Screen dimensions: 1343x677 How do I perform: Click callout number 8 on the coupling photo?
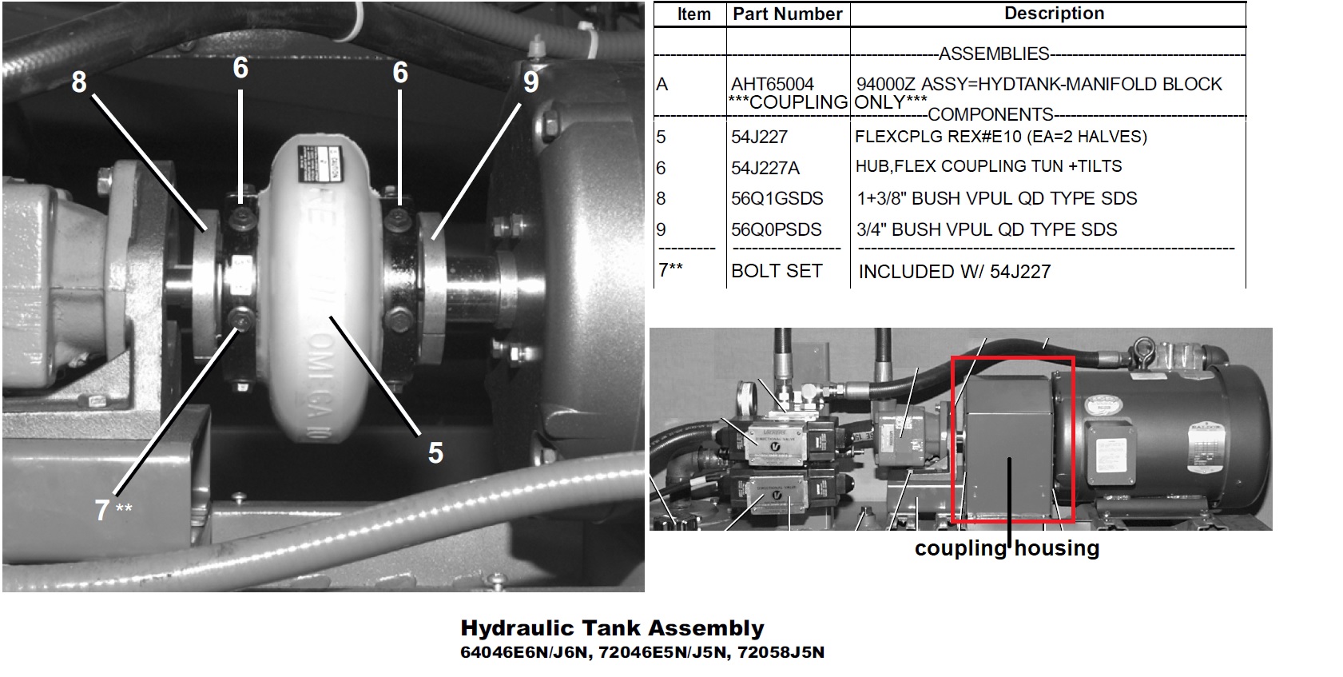click(78, 82)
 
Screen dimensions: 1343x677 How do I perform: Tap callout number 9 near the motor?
click(530, 82)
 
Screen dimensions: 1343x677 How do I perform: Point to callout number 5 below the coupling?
click(436, 452)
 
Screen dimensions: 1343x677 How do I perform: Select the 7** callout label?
click(113, 510)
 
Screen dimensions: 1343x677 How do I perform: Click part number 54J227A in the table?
click(765, 168)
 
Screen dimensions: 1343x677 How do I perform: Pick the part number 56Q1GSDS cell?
click(777, 198)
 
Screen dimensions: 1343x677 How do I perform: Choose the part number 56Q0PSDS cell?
click(777, 229)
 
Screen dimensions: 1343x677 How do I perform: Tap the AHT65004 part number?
click(773, 84)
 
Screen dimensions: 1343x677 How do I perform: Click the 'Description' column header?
click(1054, 14)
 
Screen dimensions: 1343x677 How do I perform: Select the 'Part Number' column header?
click(788, 14)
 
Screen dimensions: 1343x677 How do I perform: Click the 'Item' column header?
click(693, 14)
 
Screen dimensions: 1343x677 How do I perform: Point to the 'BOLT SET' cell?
click(777, 271)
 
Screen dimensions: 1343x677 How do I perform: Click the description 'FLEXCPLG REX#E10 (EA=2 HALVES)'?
click(1000, 137)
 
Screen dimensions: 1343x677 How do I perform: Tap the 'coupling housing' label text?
click(1007, 548)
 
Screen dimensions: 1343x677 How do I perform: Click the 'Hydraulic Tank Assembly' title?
click(612, 627)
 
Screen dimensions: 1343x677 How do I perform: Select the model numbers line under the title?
click(642, 652)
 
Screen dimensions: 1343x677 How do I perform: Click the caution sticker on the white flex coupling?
click(319, 165)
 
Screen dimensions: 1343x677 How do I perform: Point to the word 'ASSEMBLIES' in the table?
click(994, 54)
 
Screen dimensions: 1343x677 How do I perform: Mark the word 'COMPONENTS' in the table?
click(991, 114)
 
